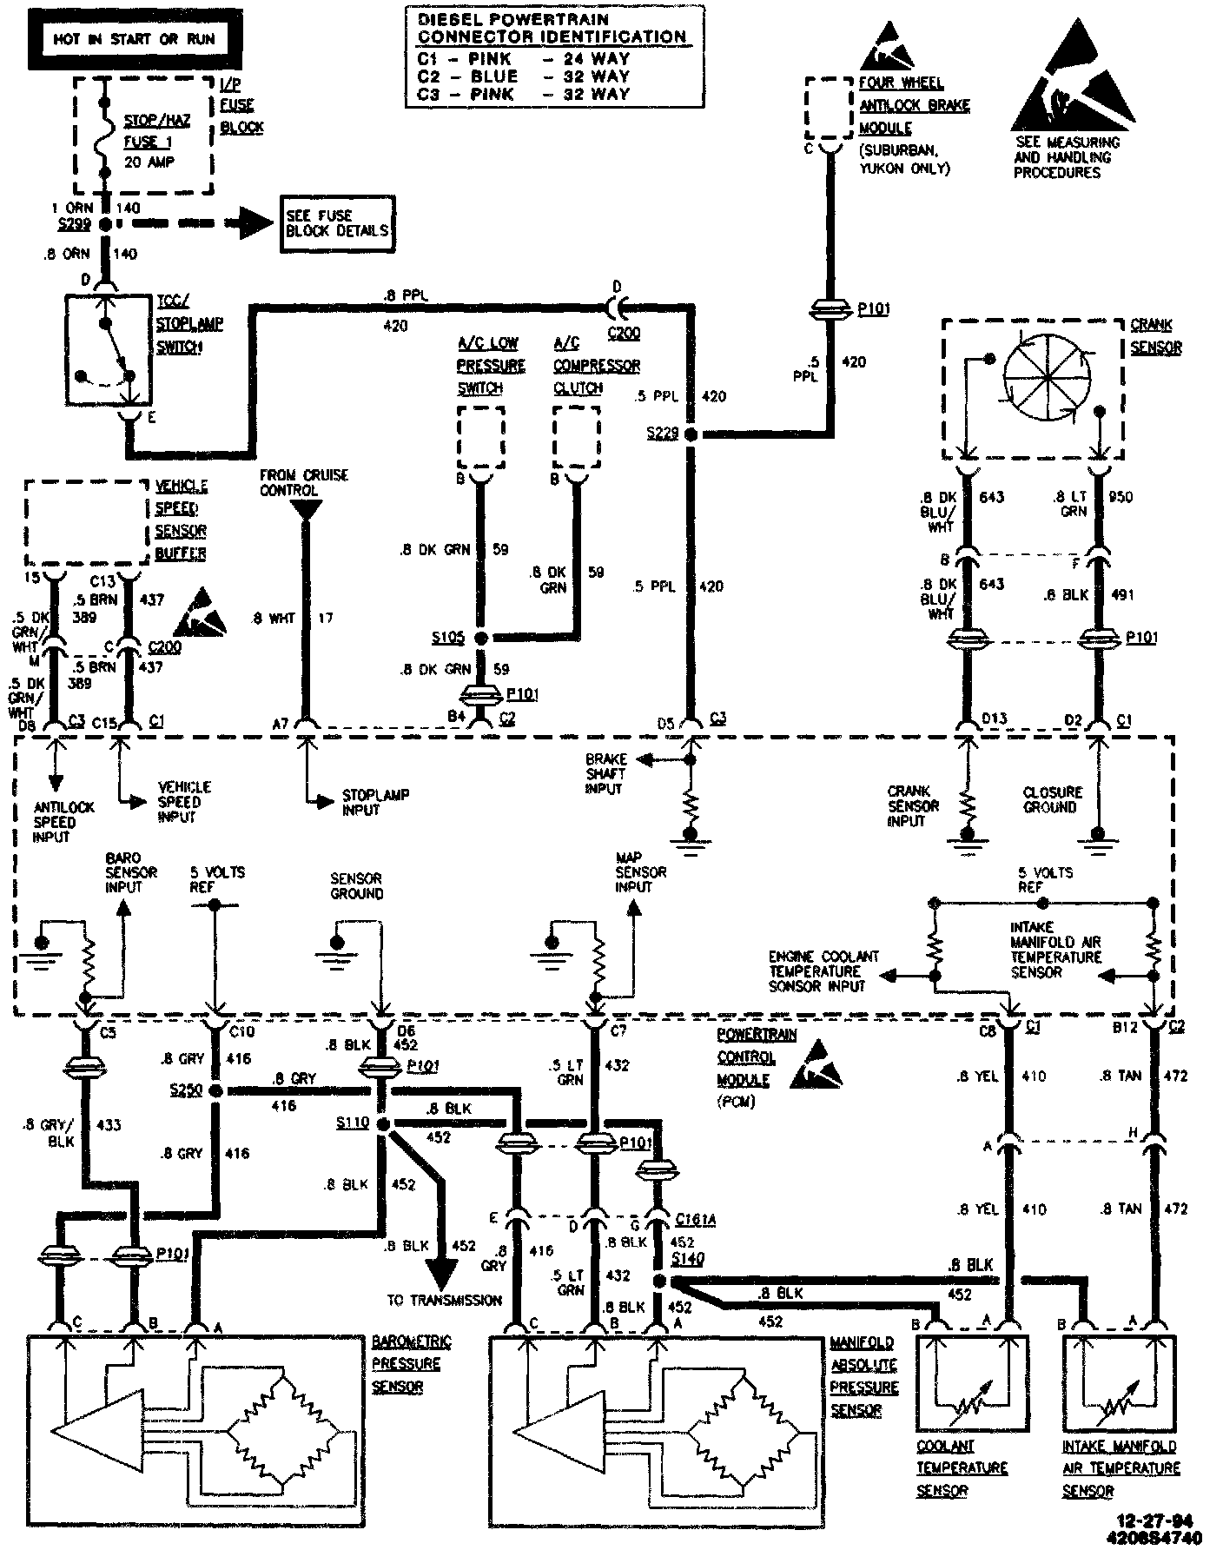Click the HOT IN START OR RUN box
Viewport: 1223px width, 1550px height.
pyautogui.click(x=134, y=39)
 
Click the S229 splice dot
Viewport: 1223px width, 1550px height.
pyautogui.click(x=691, y=433)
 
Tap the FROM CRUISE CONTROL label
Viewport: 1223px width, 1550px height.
pyautogui.click(x=304, y=482)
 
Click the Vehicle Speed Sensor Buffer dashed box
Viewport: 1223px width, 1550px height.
pyautogui.click(x=86, y=523)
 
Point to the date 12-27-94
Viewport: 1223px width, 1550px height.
pyautogui.click(x=1155, y=1520)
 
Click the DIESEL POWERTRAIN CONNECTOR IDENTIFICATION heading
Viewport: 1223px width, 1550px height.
pyautogui.click(x=552, y=28)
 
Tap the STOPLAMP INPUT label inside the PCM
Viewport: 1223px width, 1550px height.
pyautogui.click(x=375, y=802)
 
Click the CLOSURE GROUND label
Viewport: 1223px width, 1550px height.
pyautogui.click(x=1053, y=799)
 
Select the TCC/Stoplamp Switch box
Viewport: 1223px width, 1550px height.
pyautogui.click(x=107, y=349)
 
